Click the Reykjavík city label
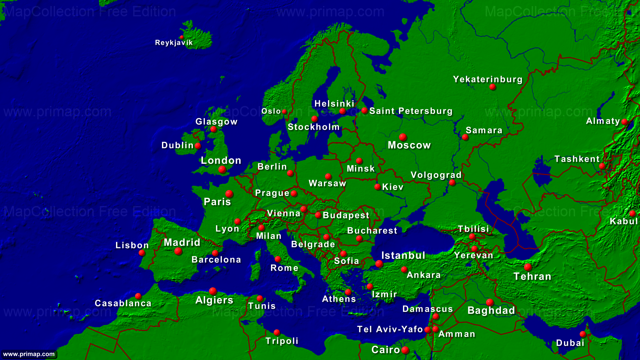174,43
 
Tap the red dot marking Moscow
403,137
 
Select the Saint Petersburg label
411,111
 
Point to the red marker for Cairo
405,350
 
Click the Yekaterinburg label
488,79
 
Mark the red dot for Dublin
198,146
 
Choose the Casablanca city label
123,303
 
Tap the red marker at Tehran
528,267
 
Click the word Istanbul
403,256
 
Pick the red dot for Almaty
624,122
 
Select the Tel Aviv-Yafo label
390,329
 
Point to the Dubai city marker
583,334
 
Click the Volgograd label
436,175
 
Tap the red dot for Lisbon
142,253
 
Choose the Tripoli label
282,341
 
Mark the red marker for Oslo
284,112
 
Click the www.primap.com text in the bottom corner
29,354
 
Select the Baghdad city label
491,311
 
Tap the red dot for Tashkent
602,166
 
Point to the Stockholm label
313,127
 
